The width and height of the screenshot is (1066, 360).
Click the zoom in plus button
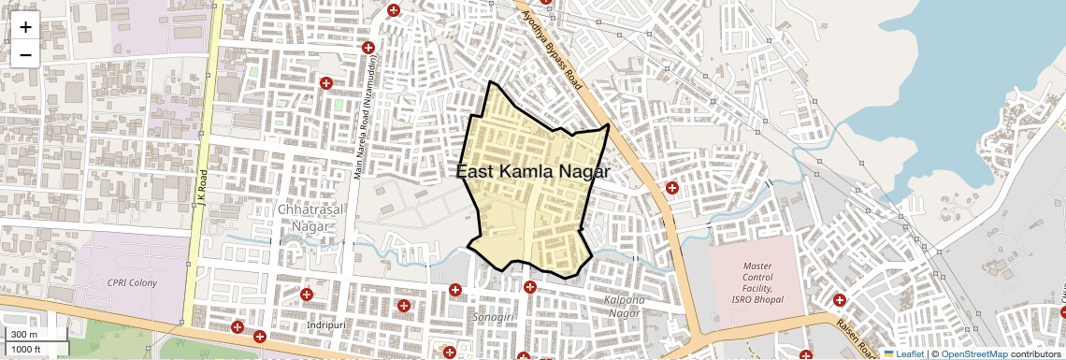[x=25, y=26]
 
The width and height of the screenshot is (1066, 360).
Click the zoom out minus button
[x=25, y=54]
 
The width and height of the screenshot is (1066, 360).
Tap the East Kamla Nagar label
[x=533, y=172]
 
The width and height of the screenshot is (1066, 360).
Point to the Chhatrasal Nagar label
[x=312, y=217]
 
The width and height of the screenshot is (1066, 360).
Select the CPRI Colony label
[x=132, y=282]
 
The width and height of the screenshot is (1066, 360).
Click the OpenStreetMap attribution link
[x=973, y=353]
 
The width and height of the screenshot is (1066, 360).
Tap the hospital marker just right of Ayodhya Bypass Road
[x=671, y=188]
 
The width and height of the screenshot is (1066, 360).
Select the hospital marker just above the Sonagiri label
[x=530, y=287]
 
